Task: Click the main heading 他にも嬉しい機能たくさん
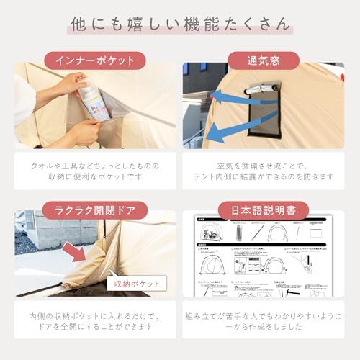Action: pos(180,24)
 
